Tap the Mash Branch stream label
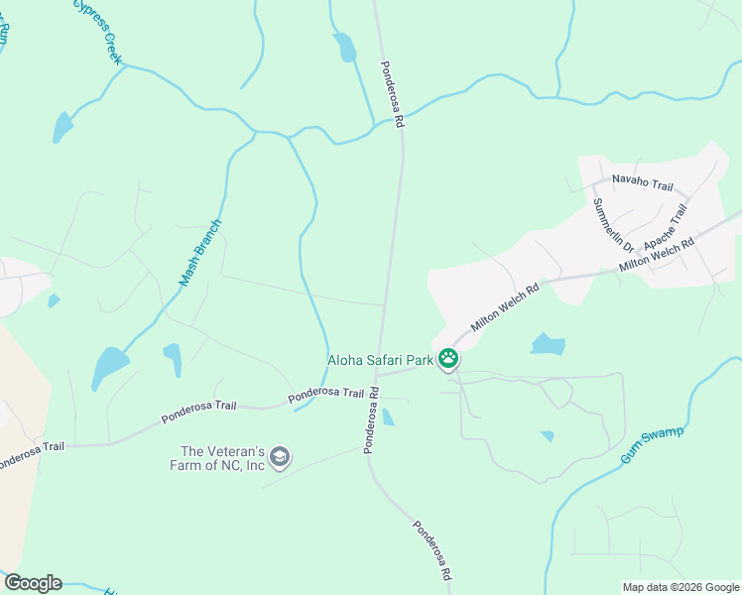pyautogui.click(x=200, y=253)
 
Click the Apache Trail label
pyautogui.click(x=664, y=229)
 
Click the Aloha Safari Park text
pyautogui.click(x=382, y=361)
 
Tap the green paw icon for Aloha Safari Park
pyautogui.click(x=449, y=359)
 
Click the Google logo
pyautogui.click(x=32, y=583)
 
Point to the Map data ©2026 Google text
pyautogui.click(x=680, y=587)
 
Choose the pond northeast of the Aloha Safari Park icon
pyautogui.click(x=548, y=344)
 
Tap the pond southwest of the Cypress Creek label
pyautogui.click(x=62, y=128)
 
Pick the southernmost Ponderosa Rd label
pyautogui.click(x=433, y=550)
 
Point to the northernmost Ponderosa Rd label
pyautogui.click(x=392, y=95)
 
